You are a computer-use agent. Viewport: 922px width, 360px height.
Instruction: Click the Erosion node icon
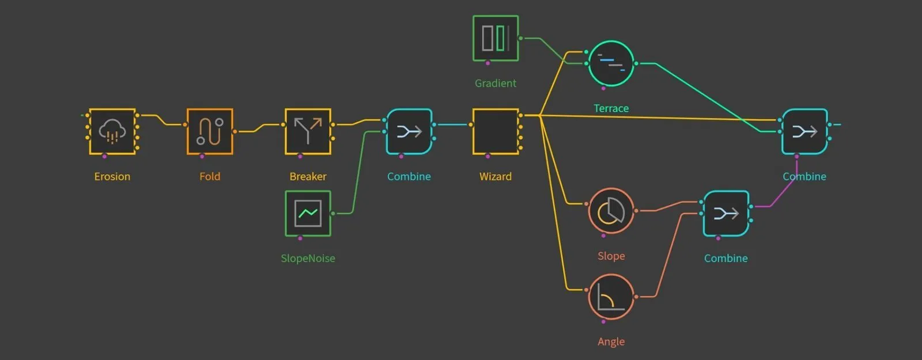coord(112,131)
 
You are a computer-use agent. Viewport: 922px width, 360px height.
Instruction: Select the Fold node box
coord(210,131)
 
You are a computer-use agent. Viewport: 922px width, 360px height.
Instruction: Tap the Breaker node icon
coord(308,131)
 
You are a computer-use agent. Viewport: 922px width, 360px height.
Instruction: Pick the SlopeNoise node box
coord(308,213)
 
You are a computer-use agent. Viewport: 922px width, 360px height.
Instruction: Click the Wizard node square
coord(496,131)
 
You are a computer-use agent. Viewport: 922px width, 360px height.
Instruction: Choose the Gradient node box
coord(496,38)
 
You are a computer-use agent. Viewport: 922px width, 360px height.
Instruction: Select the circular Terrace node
coord(611,63)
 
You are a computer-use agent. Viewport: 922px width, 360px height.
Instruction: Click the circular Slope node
coord(611,211)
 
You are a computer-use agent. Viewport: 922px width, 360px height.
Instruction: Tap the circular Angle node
coord(611,297)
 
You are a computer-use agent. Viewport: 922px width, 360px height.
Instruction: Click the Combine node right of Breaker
coord(409,131)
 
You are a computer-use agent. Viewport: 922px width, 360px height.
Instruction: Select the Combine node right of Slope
coord(726,213)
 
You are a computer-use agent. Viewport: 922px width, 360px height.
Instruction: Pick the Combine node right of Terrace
coord(804,131)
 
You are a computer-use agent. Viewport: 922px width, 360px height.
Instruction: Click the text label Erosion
coord(112,177)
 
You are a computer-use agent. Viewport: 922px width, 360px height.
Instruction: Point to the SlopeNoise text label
coord(308,259)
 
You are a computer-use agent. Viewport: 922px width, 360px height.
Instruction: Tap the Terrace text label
coord(611,108)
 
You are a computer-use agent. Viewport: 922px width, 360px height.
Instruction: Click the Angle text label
coord(611,342)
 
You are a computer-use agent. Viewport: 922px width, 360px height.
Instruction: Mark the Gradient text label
coord(496,84)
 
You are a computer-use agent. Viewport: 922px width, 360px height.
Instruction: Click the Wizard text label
coord(496,177)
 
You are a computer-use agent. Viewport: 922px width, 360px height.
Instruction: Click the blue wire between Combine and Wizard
coord(452,124)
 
